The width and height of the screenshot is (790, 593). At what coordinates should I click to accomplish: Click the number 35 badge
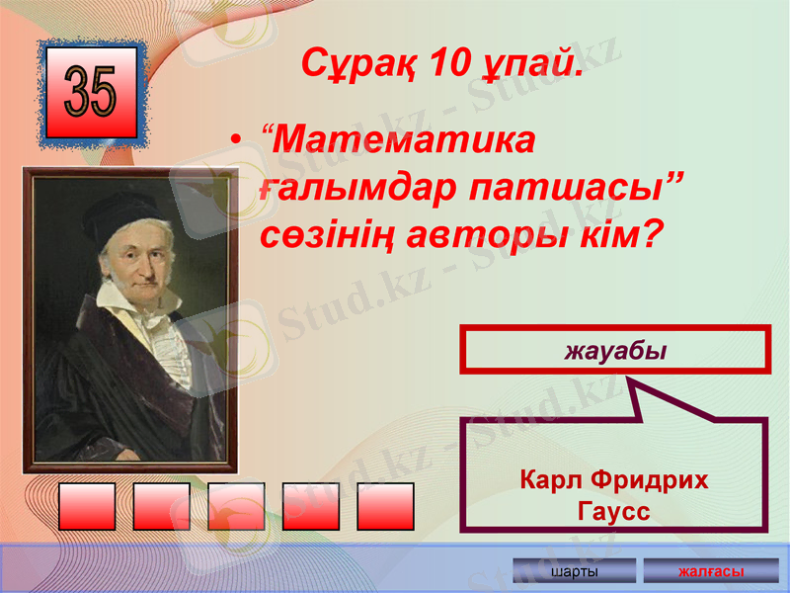(91, 93)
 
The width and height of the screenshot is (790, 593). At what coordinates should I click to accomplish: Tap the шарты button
(575, 572)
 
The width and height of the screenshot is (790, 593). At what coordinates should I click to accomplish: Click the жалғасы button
(710, 572)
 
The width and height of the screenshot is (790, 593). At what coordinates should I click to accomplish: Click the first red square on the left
(87, 506)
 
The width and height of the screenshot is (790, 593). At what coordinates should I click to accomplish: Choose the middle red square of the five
(236, 506)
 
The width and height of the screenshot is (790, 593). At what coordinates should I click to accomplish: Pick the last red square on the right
(385, 506)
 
